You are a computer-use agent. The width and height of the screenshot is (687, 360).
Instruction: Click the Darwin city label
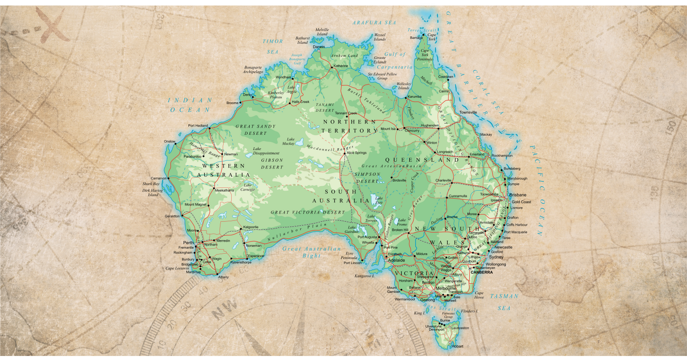pos(318,47)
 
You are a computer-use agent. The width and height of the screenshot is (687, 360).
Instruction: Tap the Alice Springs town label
pos(356,153)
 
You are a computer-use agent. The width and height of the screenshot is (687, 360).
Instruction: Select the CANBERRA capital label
pos(482,272)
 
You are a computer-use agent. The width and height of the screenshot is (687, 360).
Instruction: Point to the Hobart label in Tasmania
pos(457,347)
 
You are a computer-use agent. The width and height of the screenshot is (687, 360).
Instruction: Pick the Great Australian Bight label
pos(311,252)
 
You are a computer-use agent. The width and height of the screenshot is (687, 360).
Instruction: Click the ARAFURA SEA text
pos(374,22)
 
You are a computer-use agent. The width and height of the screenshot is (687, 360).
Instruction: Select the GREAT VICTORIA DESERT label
pos(307,213)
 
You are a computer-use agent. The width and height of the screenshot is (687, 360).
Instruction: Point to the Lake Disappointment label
pos(266,151)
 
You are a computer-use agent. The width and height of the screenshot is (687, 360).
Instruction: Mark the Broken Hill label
pos(399,230)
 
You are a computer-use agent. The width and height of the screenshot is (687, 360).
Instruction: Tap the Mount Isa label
pos(388,129)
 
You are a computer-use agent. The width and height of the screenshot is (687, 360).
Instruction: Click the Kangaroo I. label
pos(367,276)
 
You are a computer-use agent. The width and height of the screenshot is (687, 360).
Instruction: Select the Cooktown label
pos(446,76)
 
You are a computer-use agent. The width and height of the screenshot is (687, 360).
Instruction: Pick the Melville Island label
pos(322,32)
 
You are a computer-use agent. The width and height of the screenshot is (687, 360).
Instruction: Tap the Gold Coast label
pos(521,202)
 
